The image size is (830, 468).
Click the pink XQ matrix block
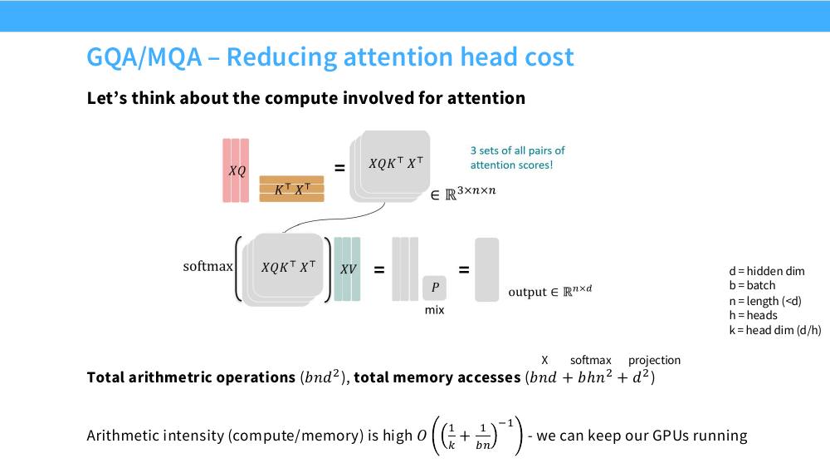(236, 170)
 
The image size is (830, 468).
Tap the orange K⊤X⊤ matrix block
(291, 189)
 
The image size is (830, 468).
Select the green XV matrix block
(347, 269)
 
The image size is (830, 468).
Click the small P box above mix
(435, 288)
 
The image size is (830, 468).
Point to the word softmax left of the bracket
(208, 266)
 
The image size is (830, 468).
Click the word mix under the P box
(435, 310)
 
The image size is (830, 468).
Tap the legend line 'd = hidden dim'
(766, 271)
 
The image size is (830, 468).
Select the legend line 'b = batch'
(752, 285)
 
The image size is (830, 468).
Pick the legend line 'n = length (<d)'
(765, 301)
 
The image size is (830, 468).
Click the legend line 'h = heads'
(754, 315)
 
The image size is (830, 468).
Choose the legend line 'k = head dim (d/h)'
(775, 330)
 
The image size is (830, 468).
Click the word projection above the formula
(654, 361)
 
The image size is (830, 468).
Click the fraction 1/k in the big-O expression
(452, 436)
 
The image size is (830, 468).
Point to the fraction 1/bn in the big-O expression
(482, 436)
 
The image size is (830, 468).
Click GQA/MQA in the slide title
(144, 57)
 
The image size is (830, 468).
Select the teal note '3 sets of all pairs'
(518, 150)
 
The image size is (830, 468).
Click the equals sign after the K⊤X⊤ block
(339, 168)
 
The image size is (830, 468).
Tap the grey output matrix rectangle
(487, 270)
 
